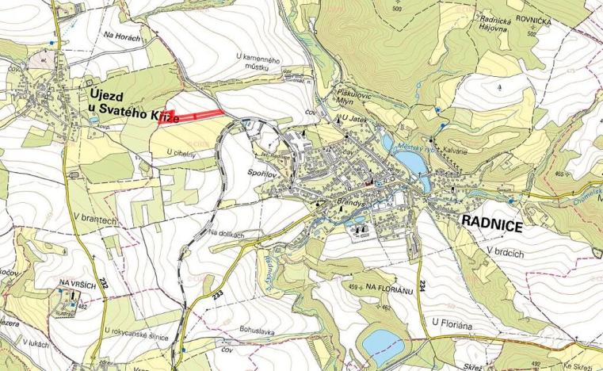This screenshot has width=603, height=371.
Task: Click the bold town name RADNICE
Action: [x=490, y=225]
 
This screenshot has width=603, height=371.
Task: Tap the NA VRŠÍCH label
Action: [x=76, y=283]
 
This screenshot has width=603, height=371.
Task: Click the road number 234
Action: [x=423, y=284]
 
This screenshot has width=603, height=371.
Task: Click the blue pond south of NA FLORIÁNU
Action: [x=381, y=342]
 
